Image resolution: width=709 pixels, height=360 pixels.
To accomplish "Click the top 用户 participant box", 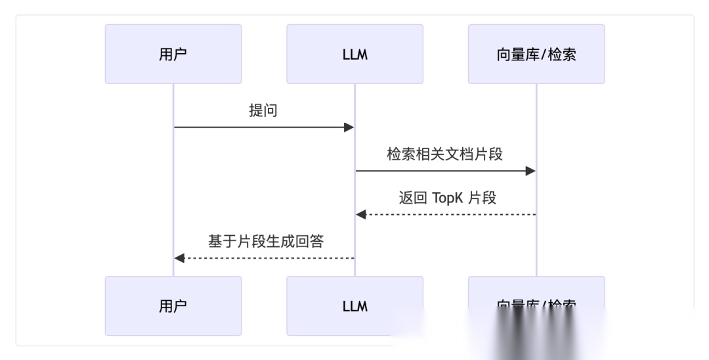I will (173, 54).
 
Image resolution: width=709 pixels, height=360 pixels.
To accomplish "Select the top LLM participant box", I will (354, 54).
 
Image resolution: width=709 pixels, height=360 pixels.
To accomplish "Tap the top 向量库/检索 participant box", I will (536, 54).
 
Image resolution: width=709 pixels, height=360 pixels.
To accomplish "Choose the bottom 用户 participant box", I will (173, 305).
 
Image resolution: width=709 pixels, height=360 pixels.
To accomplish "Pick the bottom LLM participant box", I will (354, 305).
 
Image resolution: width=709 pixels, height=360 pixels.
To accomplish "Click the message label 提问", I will (263, 110).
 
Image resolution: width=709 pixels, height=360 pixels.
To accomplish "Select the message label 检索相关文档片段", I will (444, 154).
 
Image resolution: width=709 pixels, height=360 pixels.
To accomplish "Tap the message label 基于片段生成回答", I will (266, 241).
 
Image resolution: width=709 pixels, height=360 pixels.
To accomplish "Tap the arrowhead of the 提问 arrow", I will (349, 127).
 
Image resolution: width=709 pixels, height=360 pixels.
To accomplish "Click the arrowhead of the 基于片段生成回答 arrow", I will (179, 258).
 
